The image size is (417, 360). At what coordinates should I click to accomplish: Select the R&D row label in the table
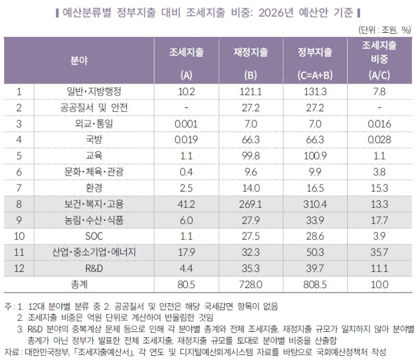pyautogui.click(x=91, y=269)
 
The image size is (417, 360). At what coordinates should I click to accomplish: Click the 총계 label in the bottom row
pyautogui.click(x=79, y=284)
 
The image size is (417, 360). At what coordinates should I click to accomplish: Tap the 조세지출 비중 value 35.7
pyautogui.click(x=379, y=253)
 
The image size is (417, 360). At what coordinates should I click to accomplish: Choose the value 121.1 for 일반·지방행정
pyautogui.click(x=251, y=91)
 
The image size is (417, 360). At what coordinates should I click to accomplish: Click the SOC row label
pyautogui.click(x=91, y=237)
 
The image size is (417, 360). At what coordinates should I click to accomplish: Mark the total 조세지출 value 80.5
pyautogui.click(x=186, y=284)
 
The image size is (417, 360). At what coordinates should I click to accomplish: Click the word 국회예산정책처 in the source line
pyautogui.click(x=323, y=349)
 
